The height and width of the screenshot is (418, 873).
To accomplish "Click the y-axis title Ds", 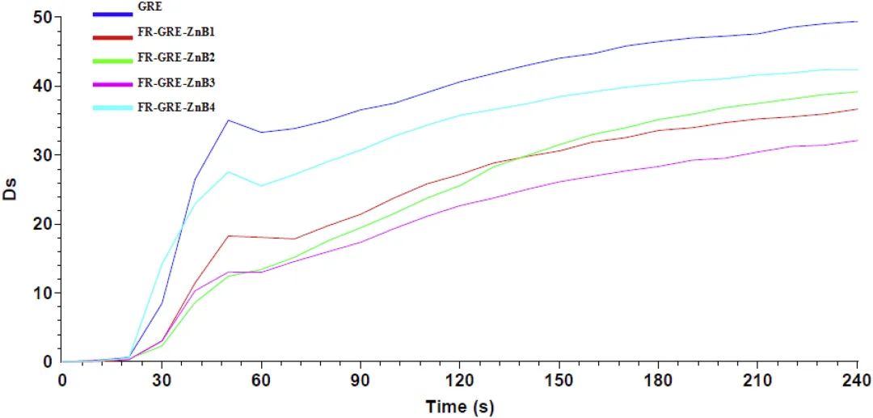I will click(x=11, y=194).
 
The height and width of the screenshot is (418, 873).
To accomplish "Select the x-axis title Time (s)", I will click(x=459, y=406).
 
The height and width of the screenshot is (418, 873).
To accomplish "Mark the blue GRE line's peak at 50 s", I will click(x=228, y=120).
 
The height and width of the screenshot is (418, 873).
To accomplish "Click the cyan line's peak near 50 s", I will click(x=228, y=171).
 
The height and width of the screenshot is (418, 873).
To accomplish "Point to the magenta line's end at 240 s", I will click(x=857, y=141).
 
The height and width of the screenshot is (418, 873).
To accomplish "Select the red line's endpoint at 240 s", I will click(x=857, y=109).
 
